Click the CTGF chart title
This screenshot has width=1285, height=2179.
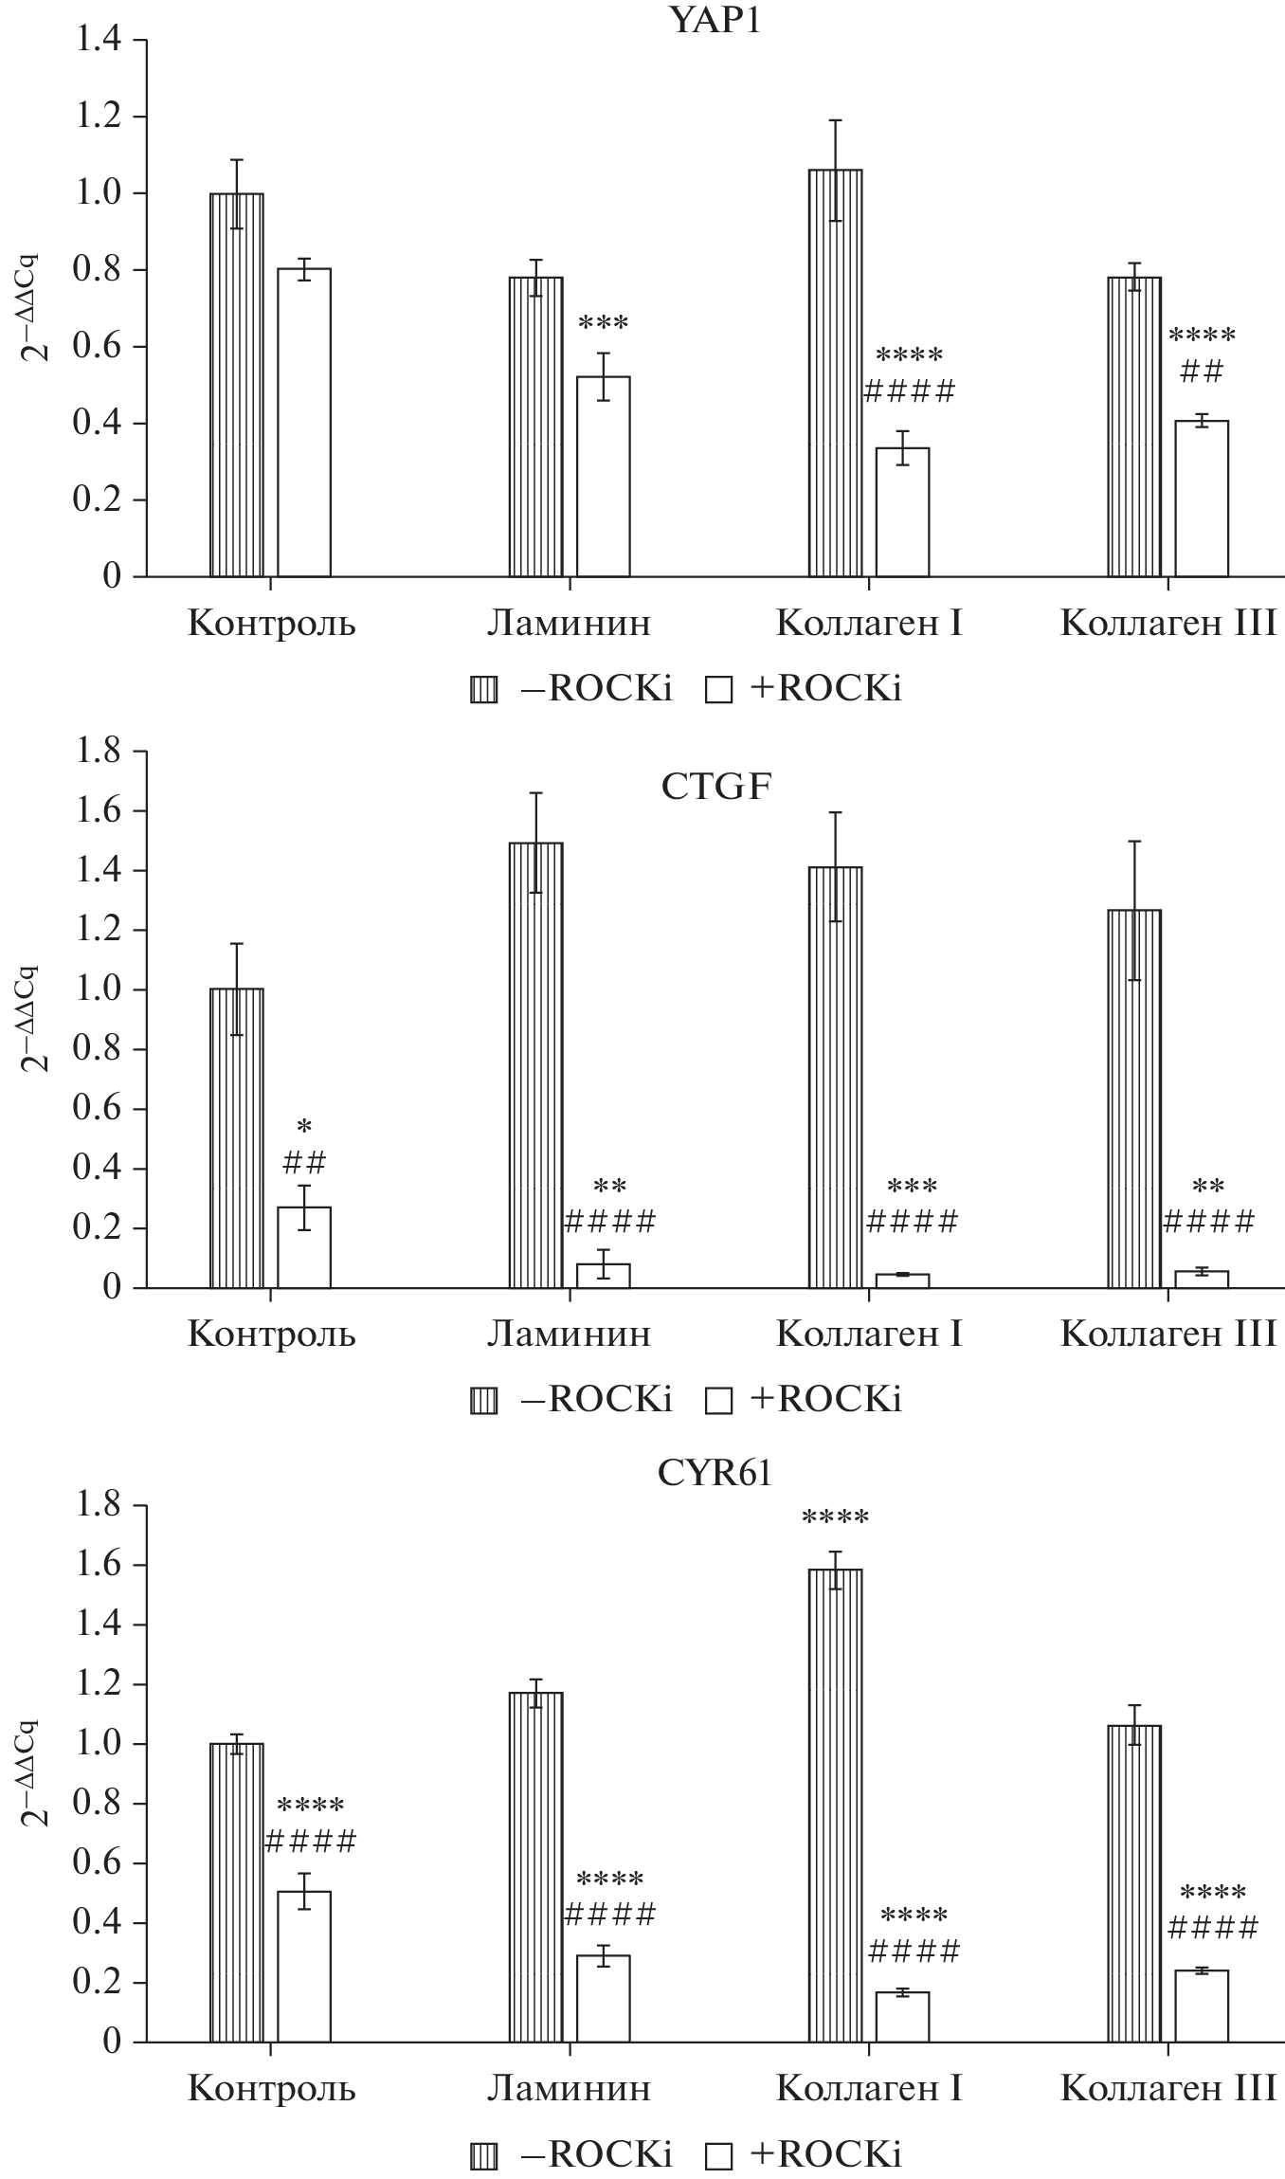point(715,788)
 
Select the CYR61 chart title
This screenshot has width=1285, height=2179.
point(715,1475)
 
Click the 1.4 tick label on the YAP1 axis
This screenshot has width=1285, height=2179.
point(99,41)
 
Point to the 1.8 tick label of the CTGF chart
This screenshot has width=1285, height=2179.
point(99,752)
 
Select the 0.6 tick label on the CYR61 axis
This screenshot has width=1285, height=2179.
point(99,1863)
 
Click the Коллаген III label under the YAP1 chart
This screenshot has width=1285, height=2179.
point(1167,624)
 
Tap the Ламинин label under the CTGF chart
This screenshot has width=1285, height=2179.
point(570,1334)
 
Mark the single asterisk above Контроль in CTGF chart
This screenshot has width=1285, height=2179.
point(303,1128)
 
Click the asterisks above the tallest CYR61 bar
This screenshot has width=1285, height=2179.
point(835,1518)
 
